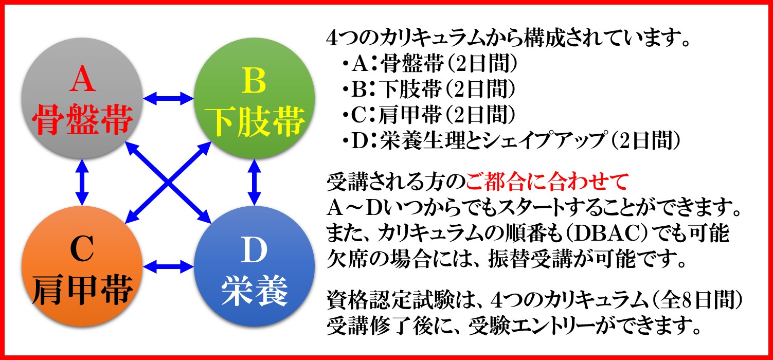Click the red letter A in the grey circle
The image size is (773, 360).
coord(82,79)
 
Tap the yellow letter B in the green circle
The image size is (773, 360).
coord(254,80)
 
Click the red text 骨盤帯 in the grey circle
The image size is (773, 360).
coord(82,119)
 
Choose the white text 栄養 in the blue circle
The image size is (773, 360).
coord(255,291)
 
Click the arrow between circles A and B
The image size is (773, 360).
coord(168,99)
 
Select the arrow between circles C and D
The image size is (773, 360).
coord(168,266)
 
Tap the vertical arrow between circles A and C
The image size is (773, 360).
coord(82,182)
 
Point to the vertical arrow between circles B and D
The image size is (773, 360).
coord(255,182)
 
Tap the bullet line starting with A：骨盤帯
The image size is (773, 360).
coord(429,63)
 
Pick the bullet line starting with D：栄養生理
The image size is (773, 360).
coord(511,140)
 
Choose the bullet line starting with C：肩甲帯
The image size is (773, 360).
coord(428,115)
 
